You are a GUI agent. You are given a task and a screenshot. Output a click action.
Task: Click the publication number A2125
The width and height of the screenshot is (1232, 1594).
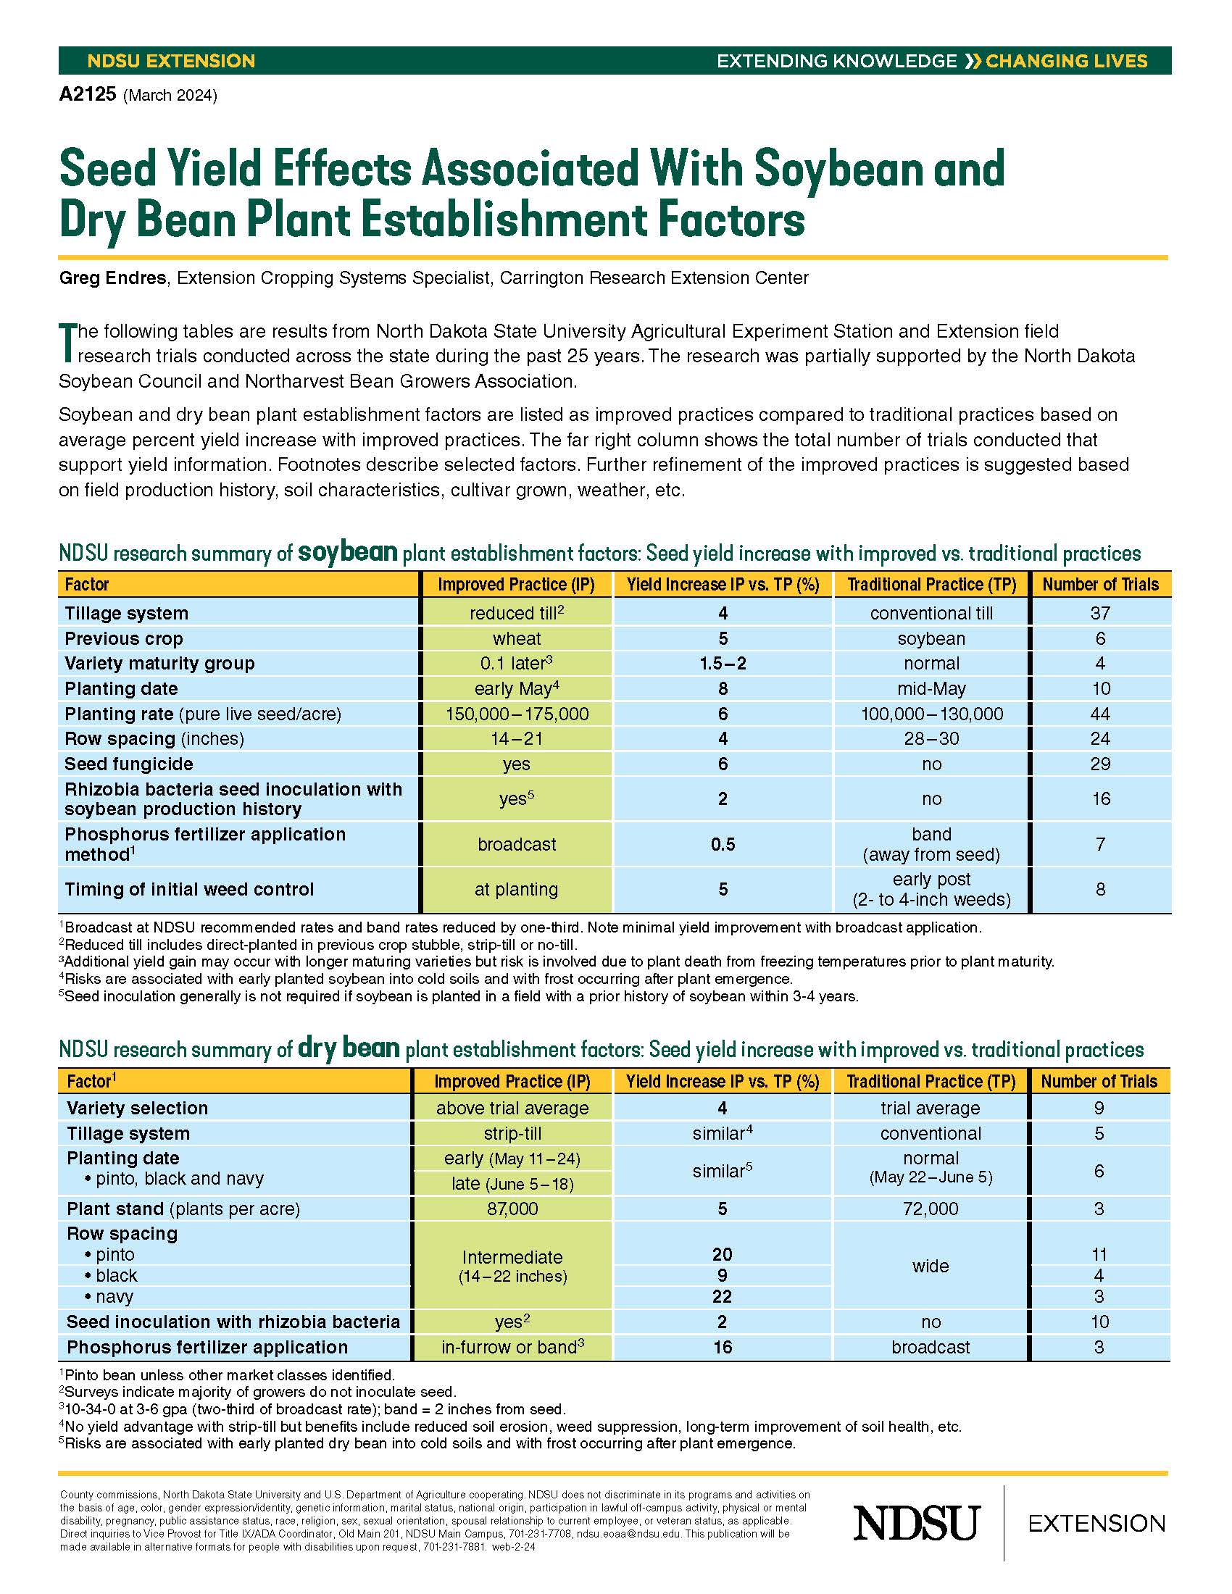(x=88, y=95)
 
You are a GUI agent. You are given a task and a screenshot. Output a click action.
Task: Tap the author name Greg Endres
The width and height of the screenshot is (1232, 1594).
(x=112, y=278)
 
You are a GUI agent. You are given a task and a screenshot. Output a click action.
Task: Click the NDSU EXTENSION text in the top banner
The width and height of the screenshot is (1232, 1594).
(x=171, y=61)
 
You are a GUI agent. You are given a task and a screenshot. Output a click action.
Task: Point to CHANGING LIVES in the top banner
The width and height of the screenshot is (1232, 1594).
(x=1065, y=61)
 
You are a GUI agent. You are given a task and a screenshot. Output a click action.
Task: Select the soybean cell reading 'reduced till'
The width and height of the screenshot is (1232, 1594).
(x=516, y=613)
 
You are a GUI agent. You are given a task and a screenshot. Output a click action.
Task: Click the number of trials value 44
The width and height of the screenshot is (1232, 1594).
(x=1100, y=714)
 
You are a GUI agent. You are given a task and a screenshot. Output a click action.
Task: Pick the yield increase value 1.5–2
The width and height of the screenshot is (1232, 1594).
(x=723, y=664)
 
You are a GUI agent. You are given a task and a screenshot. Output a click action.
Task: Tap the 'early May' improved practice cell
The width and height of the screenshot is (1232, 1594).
(x=516, y=688)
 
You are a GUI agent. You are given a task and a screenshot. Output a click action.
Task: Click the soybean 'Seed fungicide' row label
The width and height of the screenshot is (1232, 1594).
(x=129, y=764)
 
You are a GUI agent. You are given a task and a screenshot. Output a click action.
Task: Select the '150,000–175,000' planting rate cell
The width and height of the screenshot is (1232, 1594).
(x=517, y=714)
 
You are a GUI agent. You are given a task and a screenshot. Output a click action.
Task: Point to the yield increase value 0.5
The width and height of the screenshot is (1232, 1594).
(x=723, y=844)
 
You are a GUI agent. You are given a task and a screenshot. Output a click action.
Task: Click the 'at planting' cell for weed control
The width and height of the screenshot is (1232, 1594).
(x=516, y=889)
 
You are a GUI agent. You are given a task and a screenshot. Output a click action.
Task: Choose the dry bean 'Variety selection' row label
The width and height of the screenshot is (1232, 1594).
(x=137, y=1108)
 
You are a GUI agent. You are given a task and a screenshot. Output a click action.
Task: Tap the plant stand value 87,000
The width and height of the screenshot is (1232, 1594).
(x=512, y=1209)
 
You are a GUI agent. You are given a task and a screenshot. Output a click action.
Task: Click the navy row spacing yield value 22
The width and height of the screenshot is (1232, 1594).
(x=722, y=1296)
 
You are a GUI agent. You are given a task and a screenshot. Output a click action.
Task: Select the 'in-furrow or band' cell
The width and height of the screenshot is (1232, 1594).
(x=512, y=1347)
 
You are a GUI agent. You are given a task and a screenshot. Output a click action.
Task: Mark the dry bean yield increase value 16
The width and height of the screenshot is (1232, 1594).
(x=722, y=1347)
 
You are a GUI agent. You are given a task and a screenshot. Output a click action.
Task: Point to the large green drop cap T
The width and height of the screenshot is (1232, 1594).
(x=67, y=342)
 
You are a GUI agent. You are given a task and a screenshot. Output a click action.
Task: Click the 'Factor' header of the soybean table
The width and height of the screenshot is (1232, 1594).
(x=87, y=585)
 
